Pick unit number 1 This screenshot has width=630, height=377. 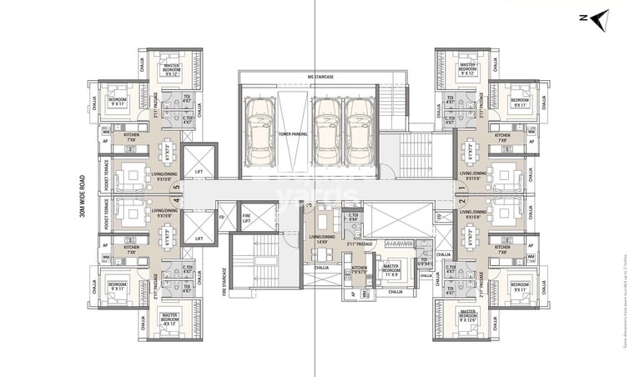pyautogui.click(x=461, y=187)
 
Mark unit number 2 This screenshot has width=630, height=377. pyautogui.click(x=461, y=201)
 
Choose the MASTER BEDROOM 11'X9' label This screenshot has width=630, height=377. pyautogui.click(x=389, y=269)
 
